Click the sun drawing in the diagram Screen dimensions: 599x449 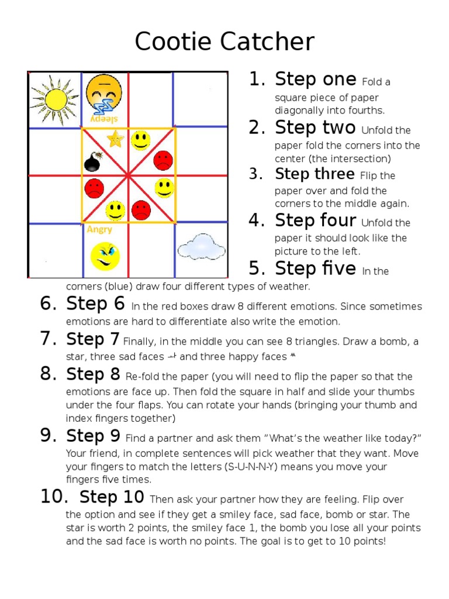(54, 99)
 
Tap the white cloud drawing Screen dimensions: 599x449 (201, 247)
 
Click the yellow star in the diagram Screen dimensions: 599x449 (115, 139)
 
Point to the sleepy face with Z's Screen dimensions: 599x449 (104, 95)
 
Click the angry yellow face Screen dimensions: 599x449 (105, 256)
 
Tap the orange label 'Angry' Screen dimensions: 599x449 (99, 229)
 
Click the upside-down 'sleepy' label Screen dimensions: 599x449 (104, 118)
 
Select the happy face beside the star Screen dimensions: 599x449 (140, 140)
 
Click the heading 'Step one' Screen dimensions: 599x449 (315, 79)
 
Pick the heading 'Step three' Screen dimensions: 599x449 (315, 174)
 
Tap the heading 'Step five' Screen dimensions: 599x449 (315, 268)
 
